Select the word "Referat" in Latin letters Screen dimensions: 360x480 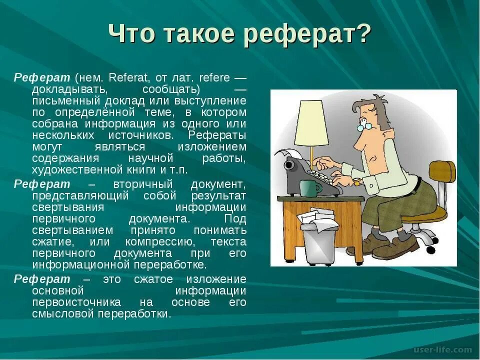(x=125, y=78)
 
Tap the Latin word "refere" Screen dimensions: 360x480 (x=214, y=78)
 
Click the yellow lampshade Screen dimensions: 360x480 (x=311, y=123)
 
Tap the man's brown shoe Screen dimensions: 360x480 (x=395, y=247)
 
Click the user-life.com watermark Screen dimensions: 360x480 (x=443, y=349)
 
